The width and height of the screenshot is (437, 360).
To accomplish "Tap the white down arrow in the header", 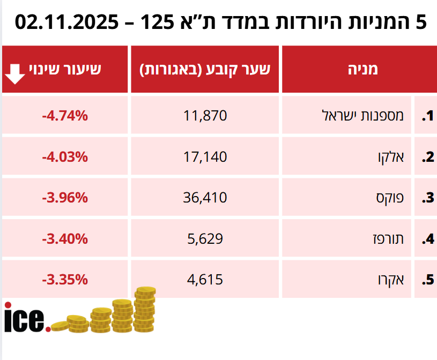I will (x=14, y=74).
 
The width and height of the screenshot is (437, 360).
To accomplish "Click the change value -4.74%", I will (x=64, y=115).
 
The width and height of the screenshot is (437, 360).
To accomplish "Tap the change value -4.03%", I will (x=64, y=156).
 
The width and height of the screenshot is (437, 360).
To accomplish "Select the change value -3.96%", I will (x=64, y=198).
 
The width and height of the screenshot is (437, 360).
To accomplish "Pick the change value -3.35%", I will (x=64, y=279).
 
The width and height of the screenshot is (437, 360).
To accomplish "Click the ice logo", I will (x=27, y=318).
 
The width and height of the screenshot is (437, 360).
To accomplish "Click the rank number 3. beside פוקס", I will (x=427, y=198).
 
